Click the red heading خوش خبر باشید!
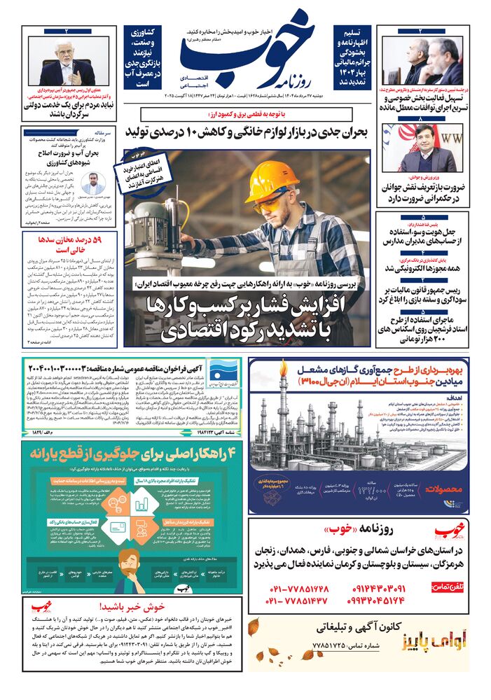(x=132, y=607)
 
